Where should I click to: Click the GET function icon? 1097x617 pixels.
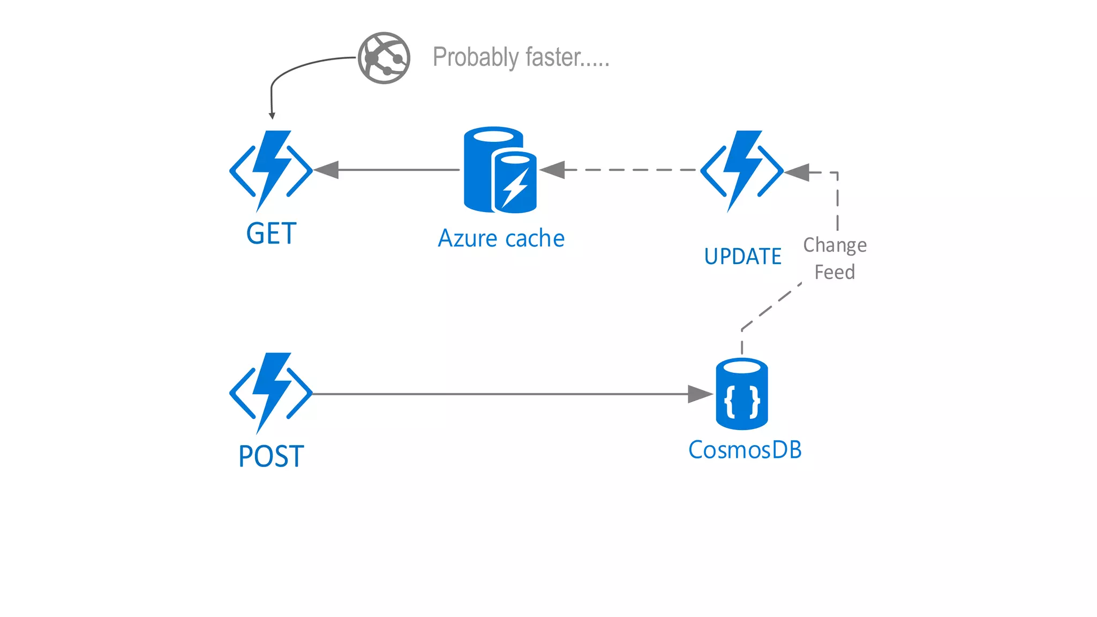coord(271,170)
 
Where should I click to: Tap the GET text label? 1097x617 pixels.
coord(271,234)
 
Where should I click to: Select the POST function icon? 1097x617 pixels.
coord(271,393)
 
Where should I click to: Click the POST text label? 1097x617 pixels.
coord(271,456)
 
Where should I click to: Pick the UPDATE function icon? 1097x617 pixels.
coord(742,170)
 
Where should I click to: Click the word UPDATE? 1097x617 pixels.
coord(742,257)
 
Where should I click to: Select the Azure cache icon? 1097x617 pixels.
coord(500,170)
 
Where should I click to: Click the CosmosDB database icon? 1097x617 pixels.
coord(742,394)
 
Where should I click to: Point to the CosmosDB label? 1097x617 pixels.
coord(745,450)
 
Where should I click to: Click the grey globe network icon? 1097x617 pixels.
coord(384,58)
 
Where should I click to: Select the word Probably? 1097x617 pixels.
coord(476,57)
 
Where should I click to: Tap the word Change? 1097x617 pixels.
coord(835,245)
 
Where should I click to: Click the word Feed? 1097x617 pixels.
coord(835,272)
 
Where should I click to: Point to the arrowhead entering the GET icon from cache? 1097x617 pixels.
coord(327,170)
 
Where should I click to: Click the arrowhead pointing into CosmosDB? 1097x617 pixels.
coord(700,394)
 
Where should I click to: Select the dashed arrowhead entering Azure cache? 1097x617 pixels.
coord(553,170)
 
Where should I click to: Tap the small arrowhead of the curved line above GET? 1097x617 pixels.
coord(272,116)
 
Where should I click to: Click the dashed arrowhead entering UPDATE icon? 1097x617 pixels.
coord(797,172)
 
